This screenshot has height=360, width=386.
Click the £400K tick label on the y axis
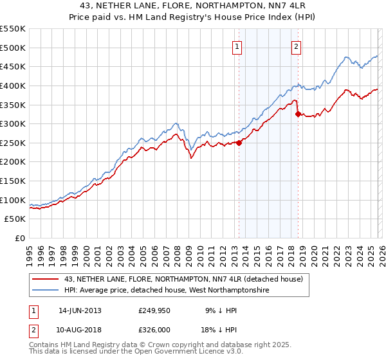pyautogui.click(x=13, y=85)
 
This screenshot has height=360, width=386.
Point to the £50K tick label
pyautogui.click(x=15, y=219)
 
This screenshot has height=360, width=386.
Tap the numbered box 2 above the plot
pyautogui.click(x=297, y=46)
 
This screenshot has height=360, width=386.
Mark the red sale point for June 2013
pyautogui.click(x=239, y=143)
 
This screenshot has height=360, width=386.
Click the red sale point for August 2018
pyautogui.click(x=298, y=114)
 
